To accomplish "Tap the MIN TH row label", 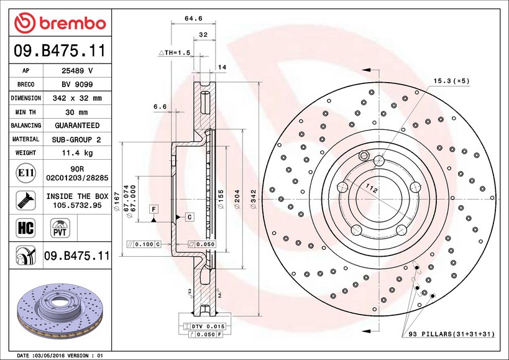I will pyautogui.click(x=26, y=112).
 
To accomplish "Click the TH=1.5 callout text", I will pyautogui.click(x=175, y=53).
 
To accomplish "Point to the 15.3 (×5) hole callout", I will pyautogui.click(x=451, y=81).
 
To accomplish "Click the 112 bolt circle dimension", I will pyautogui.click(x=372, y=188).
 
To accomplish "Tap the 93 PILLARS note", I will pyautogui.click(x=451, y=335).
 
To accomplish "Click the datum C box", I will pyautogui.click(x=189, y=216).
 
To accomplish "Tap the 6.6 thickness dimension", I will pyautogui.click(x=160, y=107).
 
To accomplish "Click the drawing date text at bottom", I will pyautogui.click(x=60, y=356).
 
